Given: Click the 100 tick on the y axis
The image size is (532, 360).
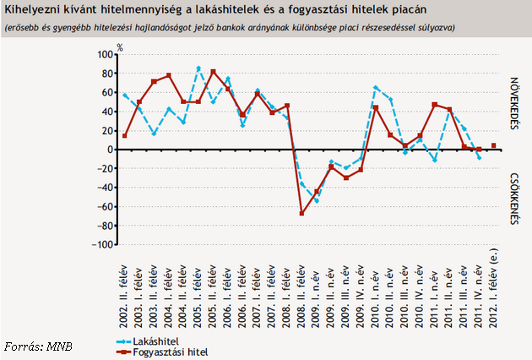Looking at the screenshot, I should tap(106, 54).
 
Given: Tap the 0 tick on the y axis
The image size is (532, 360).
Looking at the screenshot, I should tap(110, 150).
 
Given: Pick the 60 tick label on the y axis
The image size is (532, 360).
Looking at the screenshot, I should tap(107, 92).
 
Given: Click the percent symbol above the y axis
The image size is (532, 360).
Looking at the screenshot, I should tap(121, 46).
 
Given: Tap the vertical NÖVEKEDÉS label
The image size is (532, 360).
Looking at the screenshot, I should tap(513, 104).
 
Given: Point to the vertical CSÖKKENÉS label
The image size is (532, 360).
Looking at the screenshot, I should tap(513, 199).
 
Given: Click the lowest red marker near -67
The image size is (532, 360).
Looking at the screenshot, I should tap(301, 213).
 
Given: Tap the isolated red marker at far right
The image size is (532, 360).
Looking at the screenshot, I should tap(494, 145).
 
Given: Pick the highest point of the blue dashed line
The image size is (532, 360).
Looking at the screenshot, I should tap(198, 68).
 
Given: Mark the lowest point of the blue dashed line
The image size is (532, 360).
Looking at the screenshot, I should tap(317, 201).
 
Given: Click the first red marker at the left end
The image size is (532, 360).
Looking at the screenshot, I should tap(125, 136).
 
